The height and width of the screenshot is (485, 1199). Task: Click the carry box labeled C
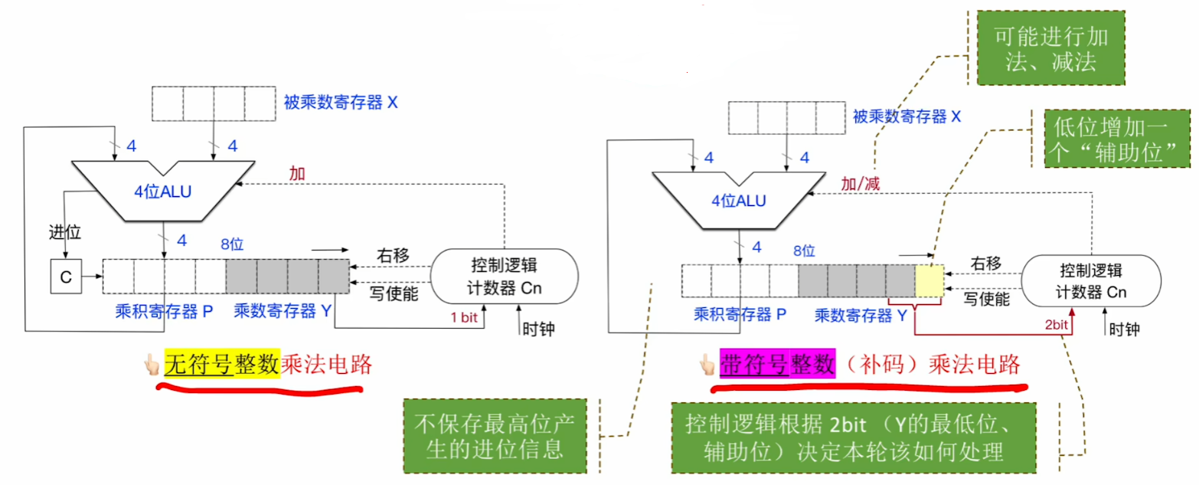(66, 277)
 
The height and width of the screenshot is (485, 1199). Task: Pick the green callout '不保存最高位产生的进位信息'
(494, 434)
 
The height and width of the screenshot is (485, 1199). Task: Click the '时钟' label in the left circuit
(538, 329)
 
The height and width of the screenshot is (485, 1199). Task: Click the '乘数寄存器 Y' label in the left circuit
(283, 310)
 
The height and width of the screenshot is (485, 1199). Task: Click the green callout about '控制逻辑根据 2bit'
(855, 437)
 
